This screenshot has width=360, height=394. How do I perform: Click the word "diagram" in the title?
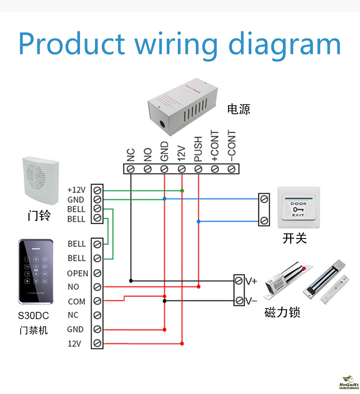tap(284, 44)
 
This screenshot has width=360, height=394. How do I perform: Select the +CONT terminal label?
tap(215, 146)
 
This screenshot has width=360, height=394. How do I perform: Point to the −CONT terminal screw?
tap(231, 169)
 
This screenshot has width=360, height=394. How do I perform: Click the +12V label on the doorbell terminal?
tap(76, 190)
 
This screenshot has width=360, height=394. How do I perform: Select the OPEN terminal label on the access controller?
tap(77, 273)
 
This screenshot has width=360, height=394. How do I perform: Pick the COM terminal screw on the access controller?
tap(97, 301)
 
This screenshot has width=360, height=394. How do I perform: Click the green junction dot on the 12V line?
tap(182, 190)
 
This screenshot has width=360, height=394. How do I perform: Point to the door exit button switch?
tap(298, 207)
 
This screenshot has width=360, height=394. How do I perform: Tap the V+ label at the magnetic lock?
tap(251, 281)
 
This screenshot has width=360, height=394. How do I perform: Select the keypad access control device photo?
tap(36, 272)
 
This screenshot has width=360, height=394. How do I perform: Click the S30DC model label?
tap(33, 316)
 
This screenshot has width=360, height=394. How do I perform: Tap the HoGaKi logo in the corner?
tap(348, 382)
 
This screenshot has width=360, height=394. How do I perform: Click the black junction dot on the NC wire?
tap(131, 280)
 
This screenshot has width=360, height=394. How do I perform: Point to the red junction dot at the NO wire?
tap(198, 287)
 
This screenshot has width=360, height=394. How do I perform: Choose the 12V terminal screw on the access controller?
tap(97, 343)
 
